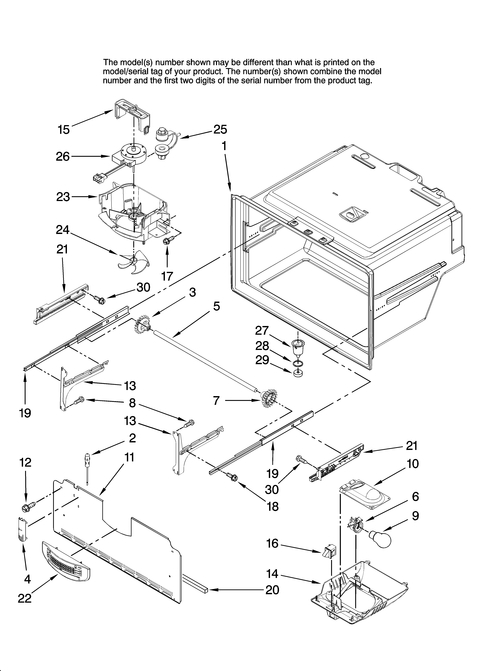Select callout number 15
click(64, 130)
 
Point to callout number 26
click(63, 156)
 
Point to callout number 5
click(217, 307)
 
